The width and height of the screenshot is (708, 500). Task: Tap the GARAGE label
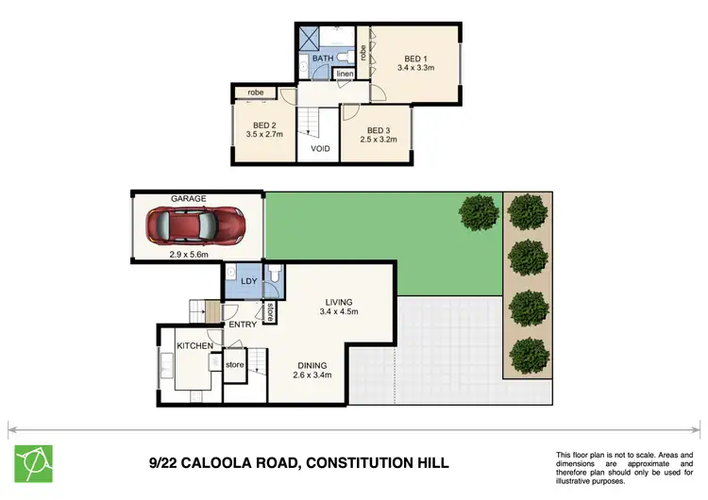click(189, 199)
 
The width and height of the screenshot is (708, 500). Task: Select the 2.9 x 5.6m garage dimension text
click(189, 255)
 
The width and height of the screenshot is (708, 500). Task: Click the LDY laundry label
click(249, 281)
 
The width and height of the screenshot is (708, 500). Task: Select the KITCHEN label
click(194, 346)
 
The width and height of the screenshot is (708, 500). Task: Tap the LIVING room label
click(339, 302)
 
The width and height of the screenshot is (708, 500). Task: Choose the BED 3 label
click(379, 130)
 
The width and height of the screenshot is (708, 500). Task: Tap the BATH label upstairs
click(323, 58)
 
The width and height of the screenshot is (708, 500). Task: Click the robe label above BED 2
click(256, 92)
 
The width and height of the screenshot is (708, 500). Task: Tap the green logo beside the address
click(33, 463)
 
